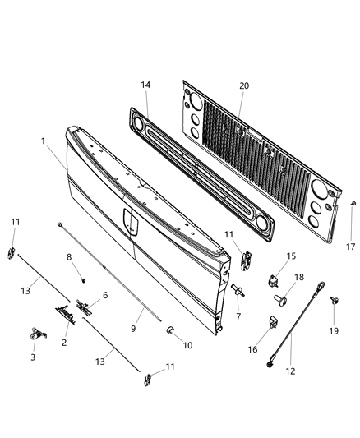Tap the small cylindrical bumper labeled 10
[172, 330]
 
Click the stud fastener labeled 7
[237, 290]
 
